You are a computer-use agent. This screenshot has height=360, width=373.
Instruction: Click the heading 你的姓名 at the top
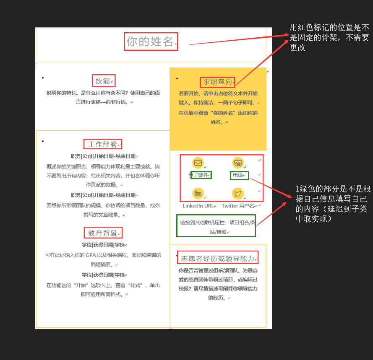(150, 41)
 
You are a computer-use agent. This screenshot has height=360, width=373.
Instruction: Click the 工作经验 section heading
(102, 144)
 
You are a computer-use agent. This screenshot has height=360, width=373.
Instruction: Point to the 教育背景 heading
(102, 233)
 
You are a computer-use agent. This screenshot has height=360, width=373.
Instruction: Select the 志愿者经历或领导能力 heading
(217, 259)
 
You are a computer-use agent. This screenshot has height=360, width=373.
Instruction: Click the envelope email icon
(198, 163)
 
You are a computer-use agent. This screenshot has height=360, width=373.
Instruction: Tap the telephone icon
(238, 163)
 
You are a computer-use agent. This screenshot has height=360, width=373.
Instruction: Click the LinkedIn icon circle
(198, 193)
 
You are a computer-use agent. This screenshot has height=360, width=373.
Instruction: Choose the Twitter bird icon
(238, 193)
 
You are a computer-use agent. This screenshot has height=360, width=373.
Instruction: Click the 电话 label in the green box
(238, 175)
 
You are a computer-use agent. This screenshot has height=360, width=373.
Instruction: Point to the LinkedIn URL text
(198, 206)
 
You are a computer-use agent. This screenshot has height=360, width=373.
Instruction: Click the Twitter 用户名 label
(238, 206)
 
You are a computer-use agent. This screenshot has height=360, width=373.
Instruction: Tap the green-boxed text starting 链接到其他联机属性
(216, 227)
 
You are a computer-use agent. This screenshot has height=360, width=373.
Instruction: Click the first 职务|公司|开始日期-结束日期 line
(103, 156)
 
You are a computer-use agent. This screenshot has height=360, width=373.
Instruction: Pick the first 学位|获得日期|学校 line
(103, 245)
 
